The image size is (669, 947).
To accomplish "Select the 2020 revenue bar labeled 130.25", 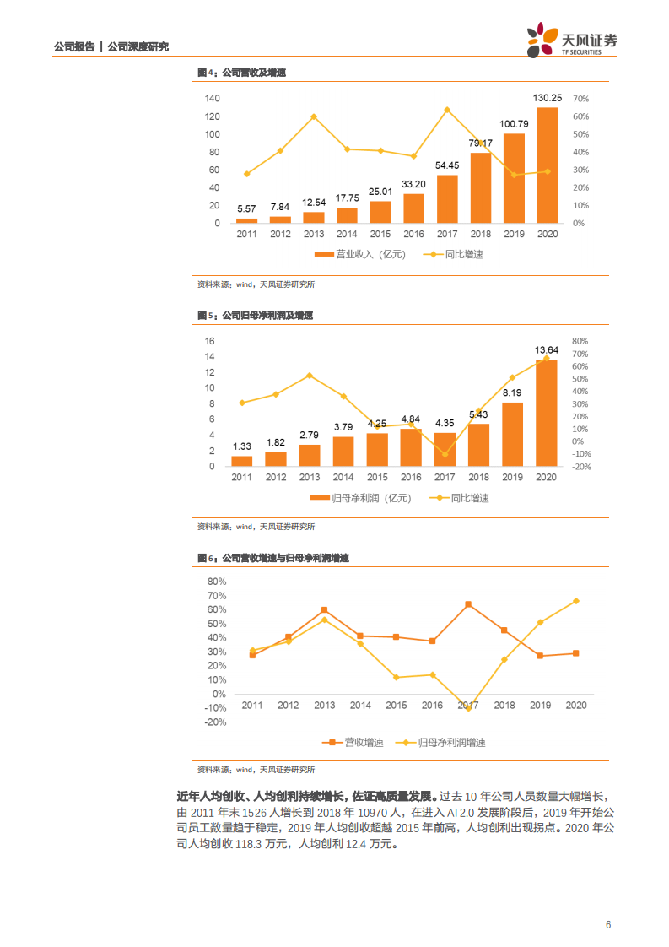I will [548, 165].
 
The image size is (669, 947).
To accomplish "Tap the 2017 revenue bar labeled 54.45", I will [447, 199].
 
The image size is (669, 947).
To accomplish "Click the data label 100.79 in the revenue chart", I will [514, 124].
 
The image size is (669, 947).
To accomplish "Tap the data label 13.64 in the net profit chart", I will [548, 349].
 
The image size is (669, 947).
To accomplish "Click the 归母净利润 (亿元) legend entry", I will [360, 498].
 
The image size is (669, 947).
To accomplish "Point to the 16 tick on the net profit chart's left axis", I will [210, 341].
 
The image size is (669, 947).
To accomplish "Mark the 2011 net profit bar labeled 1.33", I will [242, 461].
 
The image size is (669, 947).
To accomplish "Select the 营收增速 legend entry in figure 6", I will [354, 743].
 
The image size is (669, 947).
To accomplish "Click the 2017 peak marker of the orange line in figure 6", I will [468, 604].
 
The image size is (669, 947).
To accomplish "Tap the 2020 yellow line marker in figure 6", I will [576, 601].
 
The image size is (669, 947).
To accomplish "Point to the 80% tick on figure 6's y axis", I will [216, 582].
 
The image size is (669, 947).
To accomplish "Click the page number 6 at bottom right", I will [608, 924].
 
